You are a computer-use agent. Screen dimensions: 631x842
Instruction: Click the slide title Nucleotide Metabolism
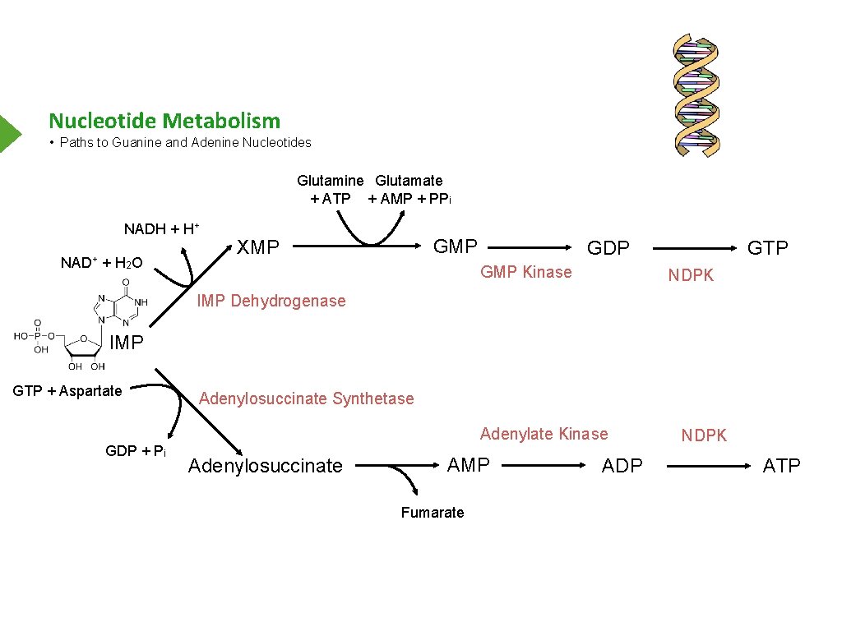pos(164,121)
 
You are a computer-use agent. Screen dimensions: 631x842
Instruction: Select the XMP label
pos(258,247)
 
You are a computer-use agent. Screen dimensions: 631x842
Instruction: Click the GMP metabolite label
pos(455,246)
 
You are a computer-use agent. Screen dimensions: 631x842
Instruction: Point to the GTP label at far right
pos(766,248)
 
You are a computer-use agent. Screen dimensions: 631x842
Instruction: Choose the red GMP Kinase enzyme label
pos(525,272)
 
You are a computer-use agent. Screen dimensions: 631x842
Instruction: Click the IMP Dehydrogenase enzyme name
pos(271,301)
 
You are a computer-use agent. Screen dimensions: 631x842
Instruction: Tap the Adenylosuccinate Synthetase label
pos(307,398)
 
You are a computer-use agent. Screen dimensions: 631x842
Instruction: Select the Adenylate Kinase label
pos(544,434)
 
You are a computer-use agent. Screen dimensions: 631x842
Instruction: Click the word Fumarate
pos(433,513)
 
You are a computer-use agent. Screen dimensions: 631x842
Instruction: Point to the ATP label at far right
pos(781,466)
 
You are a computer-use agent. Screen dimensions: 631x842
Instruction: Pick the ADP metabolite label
pos(622,466)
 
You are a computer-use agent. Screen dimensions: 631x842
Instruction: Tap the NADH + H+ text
pos(162,228)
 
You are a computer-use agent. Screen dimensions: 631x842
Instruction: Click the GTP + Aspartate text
pos(67,391)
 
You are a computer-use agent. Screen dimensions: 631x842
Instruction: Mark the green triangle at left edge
pos(9,132)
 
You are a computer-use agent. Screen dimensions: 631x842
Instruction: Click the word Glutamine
pos(330,180)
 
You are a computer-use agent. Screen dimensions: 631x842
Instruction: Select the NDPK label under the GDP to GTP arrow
pos(691,276)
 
